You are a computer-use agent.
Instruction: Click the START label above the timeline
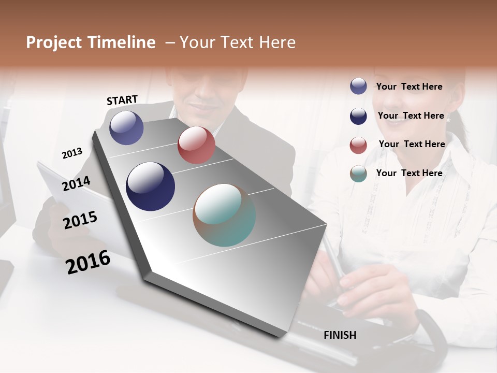point(122,100)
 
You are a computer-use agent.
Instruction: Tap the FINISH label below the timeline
point(340,335)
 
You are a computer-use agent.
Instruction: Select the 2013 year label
point(72,153)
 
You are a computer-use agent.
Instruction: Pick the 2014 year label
point(76,183)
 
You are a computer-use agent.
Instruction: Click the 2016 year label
point(88,262)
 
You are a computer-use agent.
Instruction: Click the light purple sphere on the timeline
point(126,127)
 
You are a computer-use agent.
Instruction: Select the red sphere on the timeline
point(196,145)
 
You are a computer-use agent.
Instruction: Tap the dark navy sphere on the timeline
point(150,187)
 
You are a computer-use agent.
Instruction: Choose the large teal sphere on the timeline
point(224,215)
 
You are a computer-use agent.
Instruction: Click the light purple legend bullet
point(358,87)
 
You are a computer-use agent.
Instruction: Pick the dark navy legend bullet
point(358,116)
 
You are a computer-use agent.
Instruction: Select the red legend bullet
point(358,145)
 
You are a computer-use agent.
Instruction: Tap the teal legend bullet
point(358,174)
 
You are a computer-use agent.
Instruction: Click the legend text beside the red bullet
point(412,144)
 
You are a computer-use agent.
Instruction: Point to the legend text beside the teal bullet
point(410,173)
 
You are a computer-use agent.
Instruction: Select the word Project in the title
point(53,42)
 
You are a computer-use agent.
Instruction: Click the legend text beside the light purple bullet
point(410,87)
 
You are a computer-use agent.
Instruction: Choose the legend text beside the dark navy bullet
point(411,116)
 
